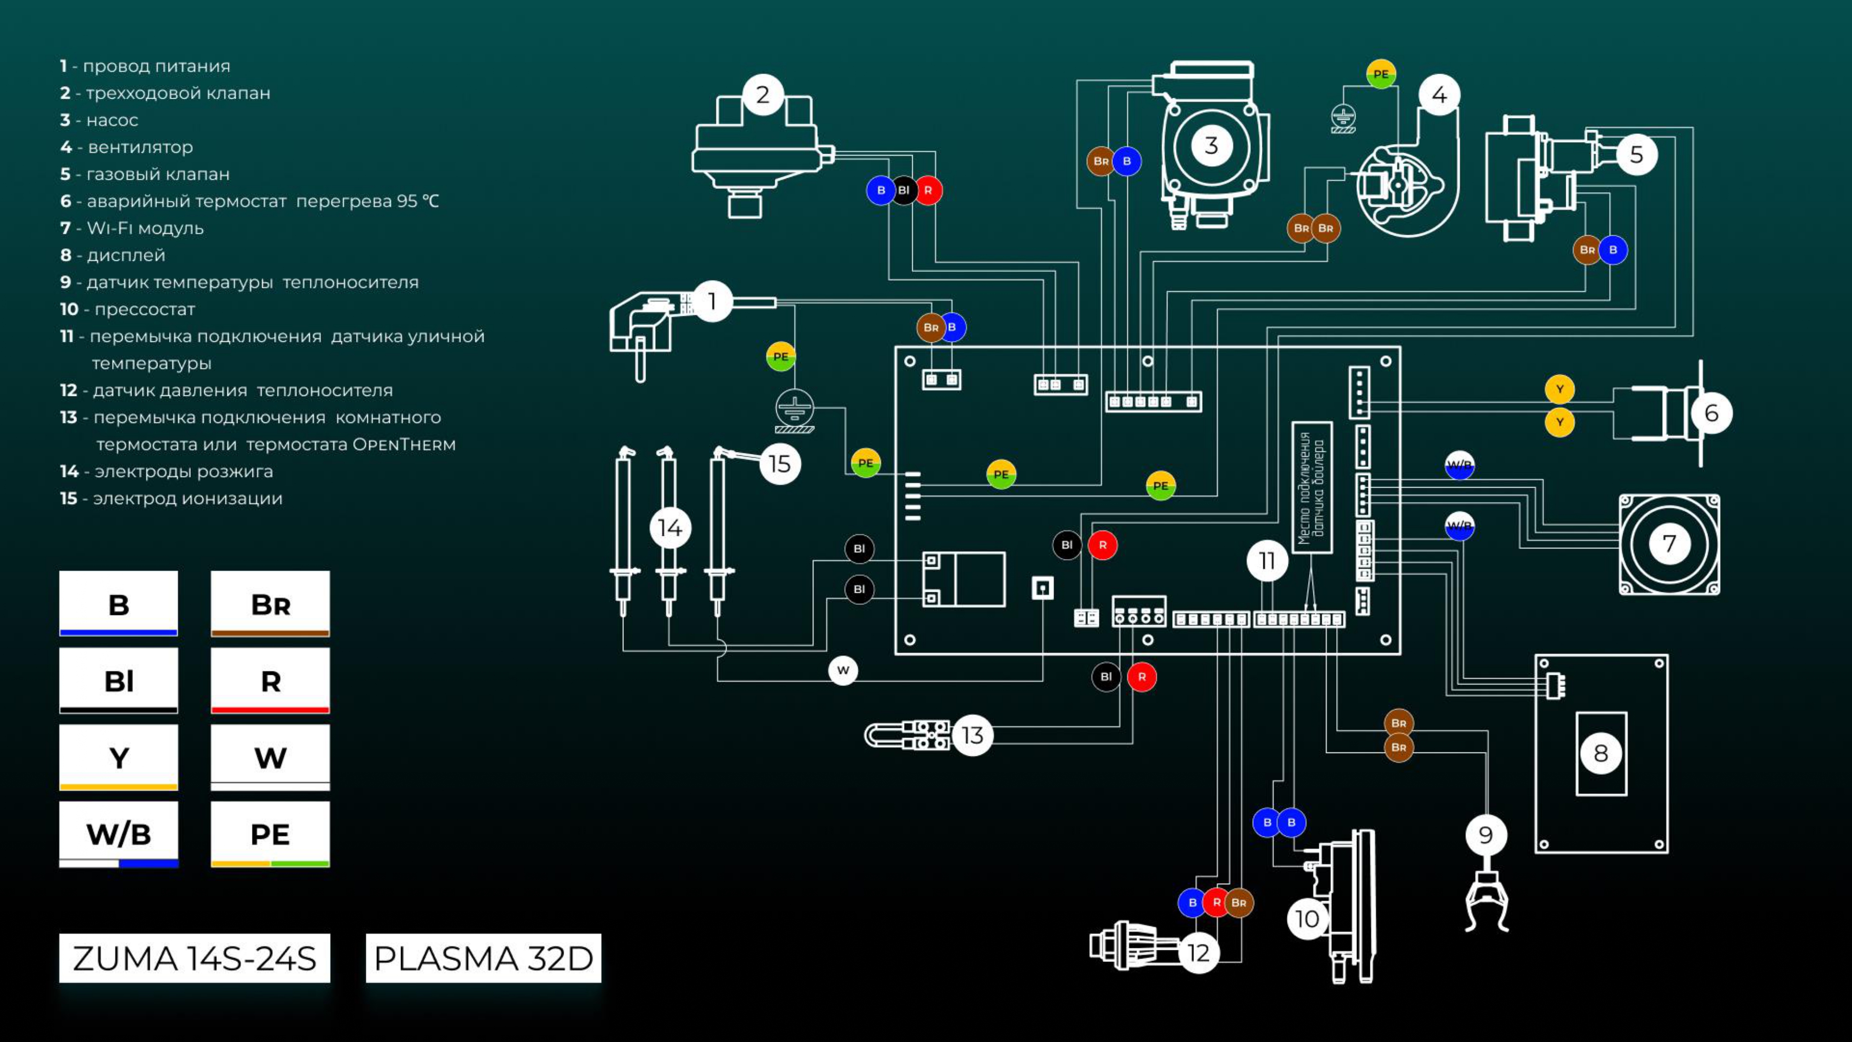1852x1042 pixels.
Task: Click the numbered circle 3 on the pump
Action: [1212, 145]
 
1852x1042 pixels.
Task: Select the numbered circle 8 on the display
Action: [1601, 753]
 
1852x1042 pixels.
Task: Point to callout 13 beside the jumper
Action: [972, 735]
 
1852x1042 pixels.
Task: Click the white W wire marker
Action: [843, 670]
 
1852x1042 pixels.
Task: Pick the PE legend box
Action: [270, 834]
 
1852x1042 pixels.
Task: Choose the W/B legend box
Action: [119, 834]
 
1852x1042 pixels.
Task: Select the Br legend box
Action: [270, 604]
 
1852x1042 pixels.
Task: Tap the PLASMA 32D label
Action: [483, 958]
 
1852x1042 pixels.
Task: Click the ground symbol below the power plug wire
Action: [794, 411]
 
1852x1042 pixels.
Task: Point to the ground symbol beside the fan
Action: [1343, 119]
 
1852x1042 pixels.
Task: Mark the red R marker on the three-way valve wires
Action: [928, 190]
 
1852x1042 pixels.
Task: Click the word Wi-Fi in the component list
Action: [109, 228]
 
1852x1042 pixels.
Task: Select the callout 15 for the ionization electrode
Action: [780, 464]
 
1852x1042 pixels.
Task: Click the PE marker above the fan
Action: [1381, 74]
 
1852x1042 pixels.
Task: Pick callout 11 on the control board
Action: [1267, 560]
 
